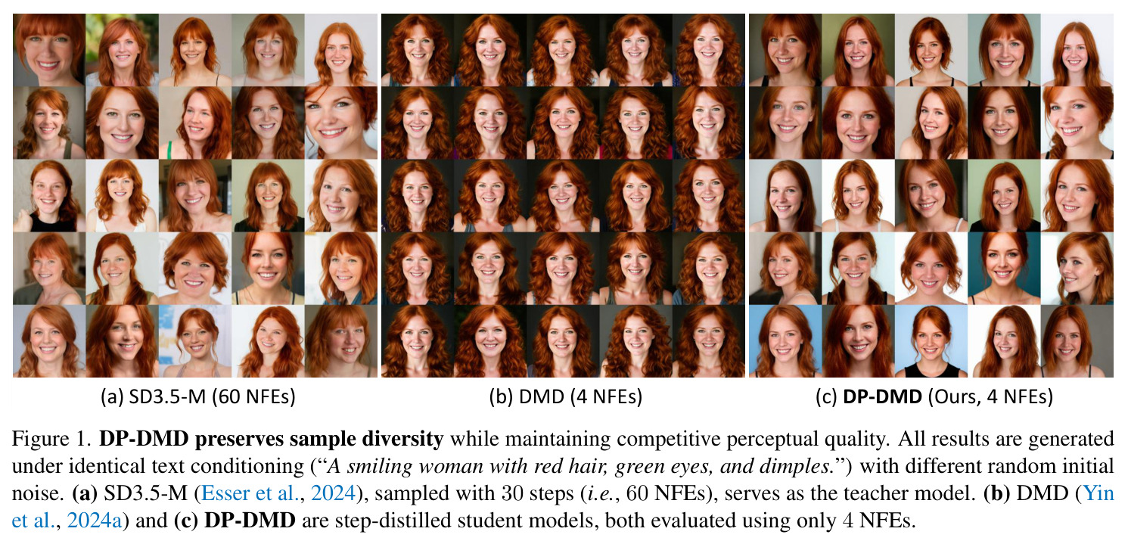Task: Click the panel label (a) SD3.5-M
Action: (x=153, y=397)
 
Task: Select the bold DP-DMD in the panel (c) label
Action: (x=882, y=397)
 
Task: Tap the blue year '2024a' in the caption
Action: (x=95, y=521)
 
